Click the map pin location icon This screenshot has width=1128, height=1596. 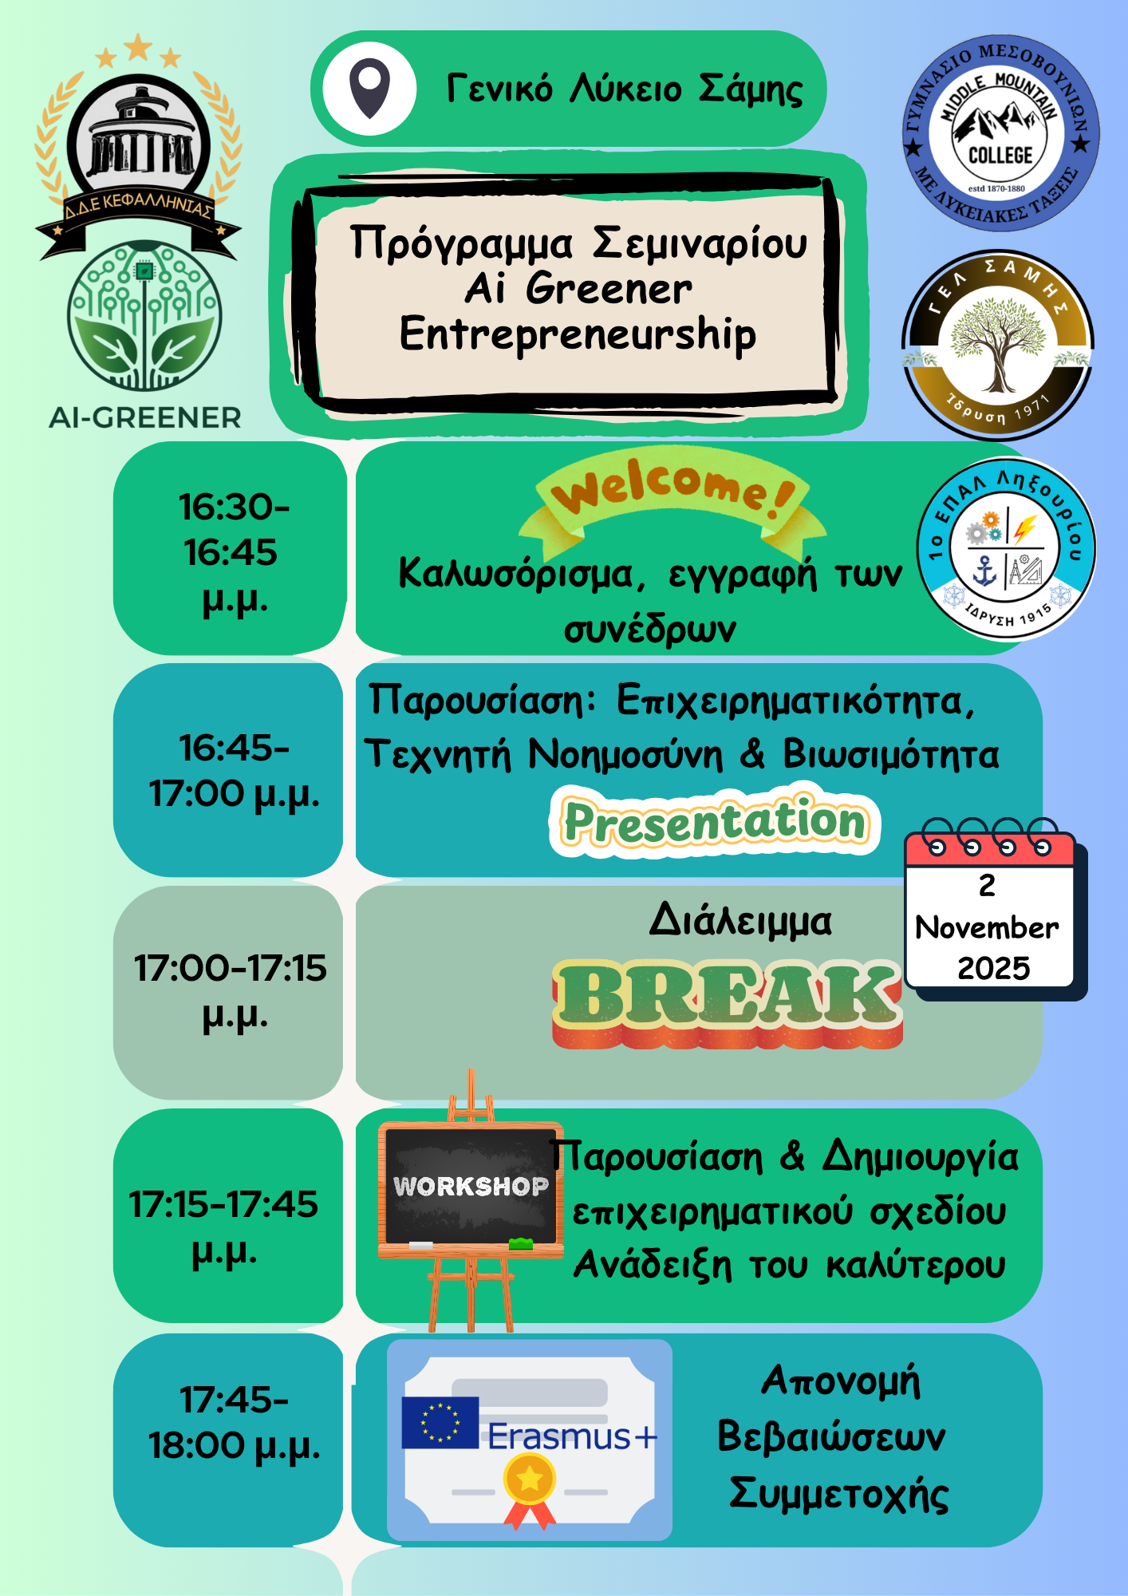tap(370, 88)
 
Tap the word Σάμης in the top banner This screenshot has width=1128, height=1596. tap(751, 89)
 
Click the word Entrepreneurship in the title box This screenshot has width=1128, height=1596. tap(578, 334)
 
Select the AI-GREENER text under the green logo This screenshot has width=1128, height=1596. tap(144, 417)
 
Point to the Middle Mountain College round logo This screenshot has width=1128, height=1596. tap(1001, 134)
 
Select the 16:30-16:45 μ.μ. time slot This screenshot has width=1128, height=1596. tap(232, 552)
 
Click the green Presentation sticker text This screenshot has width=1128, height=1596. tap(715, 821)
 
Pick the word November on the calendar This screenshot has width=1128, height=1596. tap(987, 927)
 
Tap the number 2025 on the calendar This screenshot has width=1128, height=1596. tap(994, 968)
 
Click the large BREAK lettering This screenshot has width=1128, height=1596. tap(727, 1002)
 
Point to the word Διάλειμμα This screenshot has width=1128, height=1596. tap(740, 920)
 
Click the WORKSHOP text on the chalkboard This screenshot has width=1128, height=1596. tap(471, 1187)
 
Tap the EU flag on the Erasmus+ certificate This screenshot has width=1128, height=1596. tap(440, 1422)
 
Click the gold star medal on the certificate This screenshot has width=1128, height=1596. tap(530, 1479)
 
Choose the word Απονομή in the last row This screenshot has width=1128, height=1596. tap(841, 1381)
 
